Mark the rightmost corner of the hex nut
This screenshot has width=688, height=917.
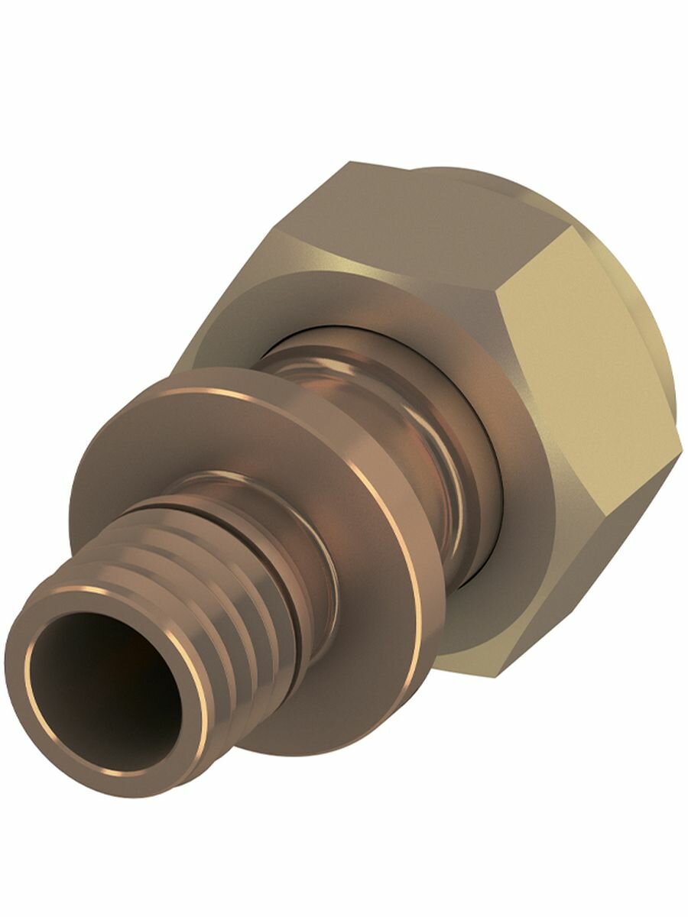click(680, 447)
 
